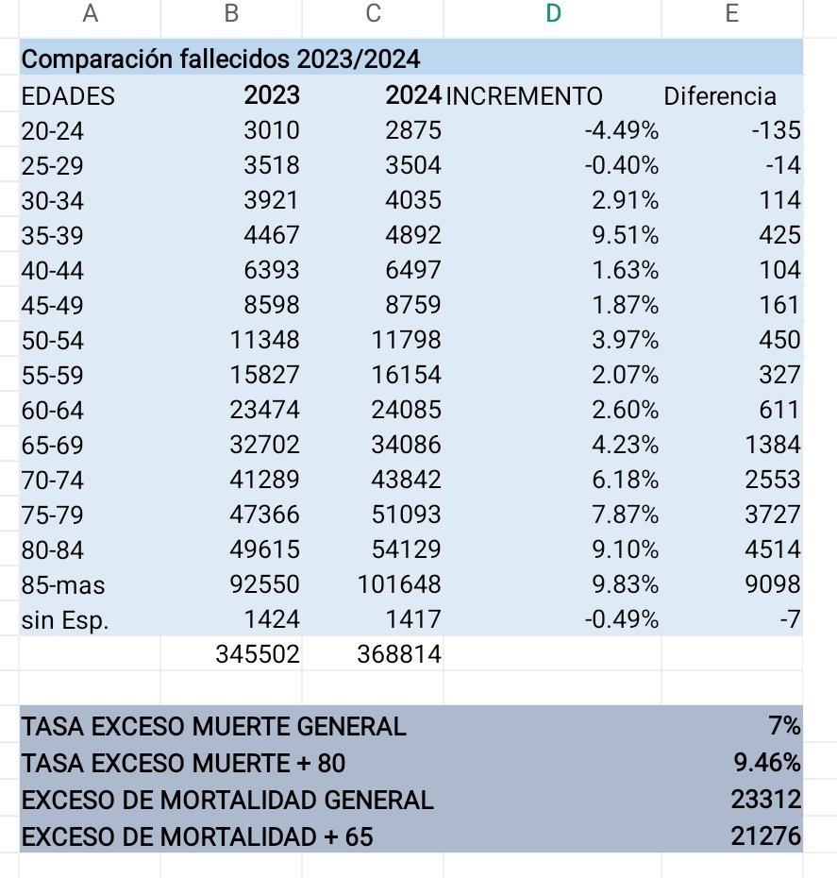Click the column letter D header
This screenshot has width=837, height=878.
(x=553, y=13)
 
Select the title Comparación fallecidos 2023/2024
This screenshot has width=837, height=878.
(x=220, y=59)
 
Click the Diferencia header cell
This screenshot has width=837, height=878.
(x=720, y=95)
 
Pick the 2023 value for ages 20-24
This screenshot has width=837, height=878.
(x=272, y=130)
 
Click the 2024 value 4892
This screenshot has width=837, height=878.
(x=412, y=235)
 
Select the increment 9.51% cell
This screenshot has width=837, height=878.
(x=626, y=235)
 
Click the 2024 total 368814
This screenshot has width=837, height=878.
(x=399, y=654)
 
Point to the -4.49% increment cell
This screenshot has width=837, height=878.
(x=622, y=130)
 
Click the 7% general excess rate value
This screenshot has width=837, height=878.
(x=784, y=726)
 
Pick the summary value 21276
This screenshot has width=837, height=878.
(x=765, y=836)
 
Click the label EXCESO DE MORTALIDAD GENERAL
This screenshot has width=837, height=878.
(x=226, y=800)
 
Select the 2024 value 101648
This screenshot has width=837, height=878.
(x=399, y=584)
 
